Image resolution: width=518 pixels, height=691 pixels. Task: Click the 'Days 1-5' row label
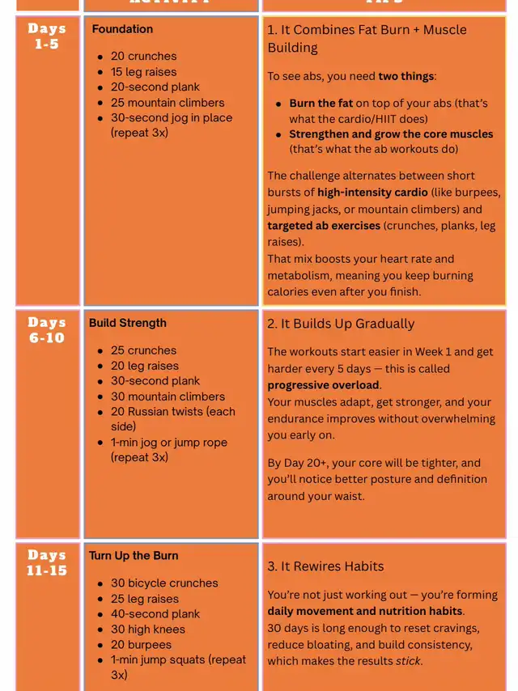coord(47,36)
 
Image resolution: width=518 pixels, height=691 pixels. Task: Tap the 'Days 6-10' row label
coord(47,330)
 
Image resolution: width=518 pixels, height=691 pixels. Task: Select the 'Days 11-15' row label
coord(47,562)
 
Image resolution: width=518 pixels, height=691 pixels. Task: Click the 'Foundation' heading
coord(122,29)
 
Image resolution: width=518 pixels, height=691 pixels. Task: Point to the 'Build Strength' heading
coord(128,323)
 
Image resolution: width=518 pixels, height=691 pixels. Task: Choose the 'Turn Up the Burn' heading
coord(134,556)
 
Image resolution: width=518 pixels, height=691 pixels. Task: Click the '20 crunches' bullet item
coord(143,57)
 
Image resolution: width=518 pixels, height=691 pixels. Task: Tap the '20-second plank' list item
coord(155,87)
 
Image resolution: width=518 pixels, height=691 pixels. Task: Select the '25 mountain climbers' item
coord(168,103)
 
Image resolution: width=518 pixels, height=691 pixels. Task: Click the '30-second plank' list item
coord(155,381)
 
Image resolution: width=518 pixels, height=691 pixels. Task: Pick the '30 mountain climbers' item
coord(168,396)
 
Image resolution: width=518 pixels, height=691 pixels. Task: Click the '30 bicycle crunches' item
coord(164,583)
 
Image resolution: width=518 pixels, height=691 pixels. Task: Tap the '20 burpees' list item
coord(141,645)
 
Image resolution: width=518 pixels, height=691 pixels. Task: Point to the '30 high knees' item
coord(147,630)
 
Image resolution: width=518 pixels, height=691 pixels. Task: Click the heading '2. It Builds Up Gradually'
coord(341,324)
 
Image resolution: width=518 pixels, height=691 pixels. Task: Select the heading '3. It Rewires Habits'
coord(325,566)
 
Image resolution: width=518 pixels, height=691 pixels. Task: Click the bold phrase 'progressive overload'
coord(323,385)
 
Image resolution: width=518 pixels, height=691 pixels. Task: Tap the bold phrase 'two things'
coord(405,77)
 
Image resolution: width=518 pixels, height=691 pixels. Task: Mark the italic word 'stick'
coord(409,661)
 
